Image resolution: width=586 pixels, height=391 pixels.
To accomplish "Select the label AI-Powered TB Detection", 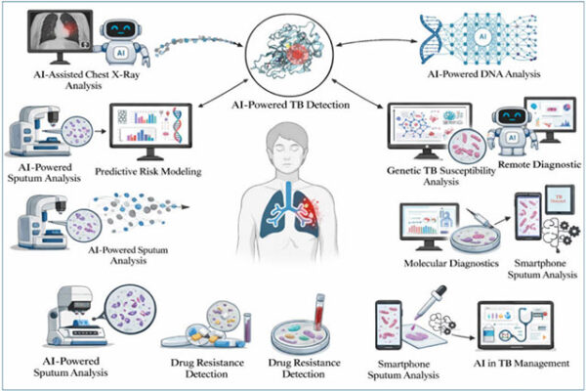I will pyautogui.click(x=294, y=105).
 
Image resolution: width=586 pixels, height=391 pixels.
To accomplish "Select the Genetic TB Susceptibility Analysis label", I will pyautogui.click(x=431, y=175).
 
